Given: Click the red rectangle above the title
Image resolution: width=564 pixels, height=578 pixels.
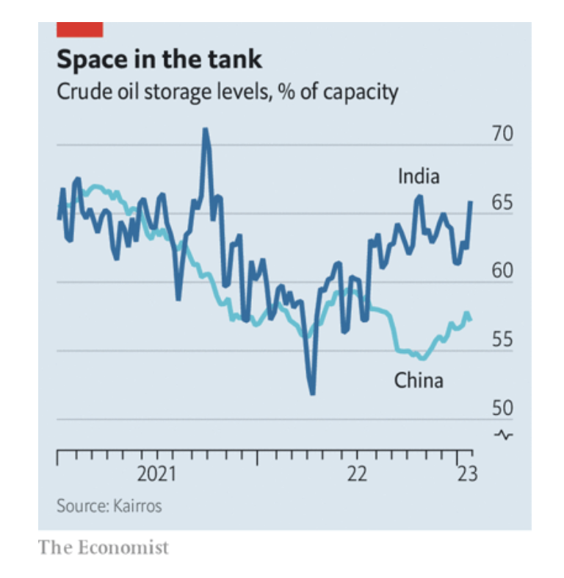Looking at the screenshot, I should pos(79,29).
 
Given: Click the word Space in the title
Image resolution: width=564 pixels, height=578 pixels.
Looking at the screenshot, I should pos(93,59).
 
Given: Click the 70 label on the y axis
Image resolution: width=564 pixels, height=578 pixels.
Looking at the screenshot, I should pos(502,135).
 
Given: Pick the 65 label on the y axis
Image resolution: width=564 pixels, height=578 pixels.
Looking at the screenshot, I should pos(502,203).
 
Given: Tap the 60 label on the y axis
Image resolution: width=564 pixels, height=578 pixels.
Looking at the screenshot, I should pos(502,271).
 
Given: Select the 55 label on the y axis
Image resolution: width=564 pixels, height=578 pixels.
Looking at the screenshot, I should pos(502,340).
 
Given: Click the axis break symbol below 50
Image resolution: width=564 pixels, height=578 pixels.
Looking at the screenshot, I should pos(504,434).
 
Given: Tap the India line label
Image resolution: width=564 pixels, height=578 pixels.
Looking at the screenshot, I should pos(419,176).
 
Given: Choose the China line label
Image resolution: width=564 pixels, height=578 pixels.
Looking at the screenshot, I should pos(419,380).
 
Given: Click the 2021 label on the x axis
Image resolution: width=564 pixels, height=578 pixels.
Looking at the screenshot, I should pos(157,474).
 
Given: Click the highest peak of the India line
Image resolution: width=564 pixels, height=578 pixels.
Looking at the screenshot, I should pos(205,130).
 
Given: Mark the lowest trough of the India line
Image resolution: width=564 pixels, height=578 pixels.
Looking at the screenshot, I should pos(313,393).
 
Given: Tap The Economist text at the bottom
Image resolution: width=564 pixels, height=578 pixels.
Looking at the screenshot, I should pos(104,547).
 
